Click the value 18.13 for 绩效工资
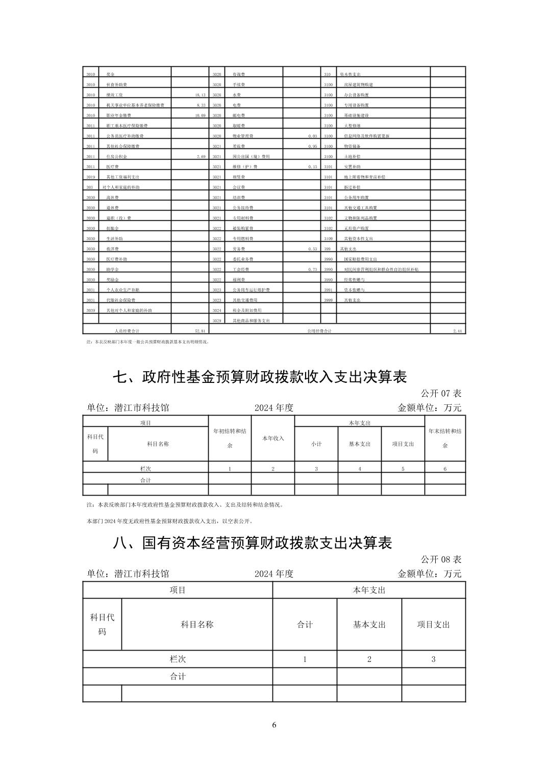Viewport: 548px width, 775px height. click(200, 95)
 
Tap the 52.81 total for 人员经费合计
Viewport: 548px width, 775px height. click(200, 331)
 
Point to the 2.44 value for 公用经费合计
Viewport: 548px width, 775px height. click(457, 331)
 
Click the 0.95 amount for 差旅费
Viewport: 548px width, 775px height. click(312, 146)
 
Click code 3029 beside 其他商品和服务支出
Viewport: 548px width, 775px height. click(216, 321)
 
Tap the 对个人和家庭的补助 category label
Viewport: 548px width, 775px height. click(120, 188)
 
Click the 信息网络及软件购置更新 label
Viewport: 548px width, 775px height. click(366, 136)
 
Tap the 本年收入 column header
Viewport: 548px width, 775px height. click(273, 438)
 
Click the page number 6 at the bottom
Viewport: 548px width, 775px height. click(274, 725)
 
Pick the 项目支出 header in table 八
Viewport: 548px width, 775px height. click(433, 625)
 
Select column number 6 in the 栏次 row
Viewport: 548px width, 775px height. click(445, 469)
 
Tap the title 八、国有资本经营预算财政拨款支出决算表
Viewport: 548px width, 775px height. click(252, 543)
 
